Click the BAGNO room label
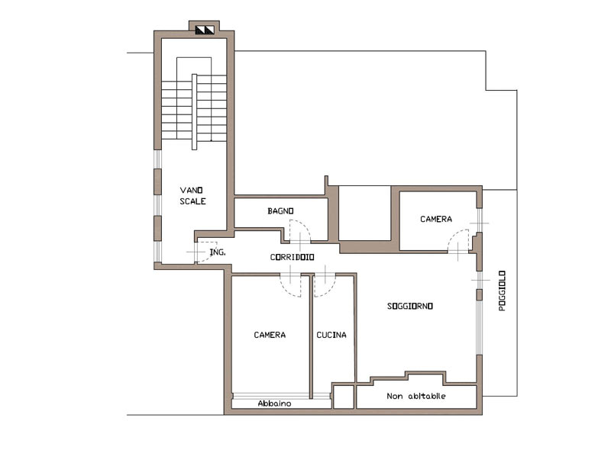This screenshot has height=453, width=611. (280, 211)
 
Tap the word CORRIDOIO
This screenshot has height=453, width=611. (293, 257)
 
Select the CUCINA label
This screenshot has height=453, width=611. (331, 335)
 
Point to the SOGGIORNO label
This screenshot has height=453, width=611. (410, 307)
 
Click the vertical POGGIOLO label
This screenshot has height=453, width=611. (503, 291)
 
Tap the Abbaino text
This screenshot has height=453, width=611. (274, 403)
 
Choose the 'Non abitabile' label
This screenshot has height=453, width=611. (416, 396)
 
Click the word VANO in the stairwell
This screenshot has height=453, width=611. (192, 191)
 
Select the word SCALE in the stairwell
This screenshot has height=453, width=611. (192, 201)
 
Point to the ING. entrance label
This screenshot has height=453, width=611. (218, 252)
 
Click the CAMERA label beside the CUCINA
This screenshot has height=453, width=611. (270, 335)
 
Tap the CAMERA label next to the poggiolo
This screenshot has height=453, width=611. (436, 219)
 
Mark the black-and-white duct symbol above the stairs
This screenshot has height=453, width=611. (205, 30)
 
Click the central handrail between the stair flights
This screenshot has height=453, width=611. (195, 111)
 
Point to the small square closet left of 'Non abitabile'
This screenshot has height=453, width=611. (344, 397)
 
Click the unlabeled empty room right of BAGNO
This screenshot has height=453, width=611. (365, 214)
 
